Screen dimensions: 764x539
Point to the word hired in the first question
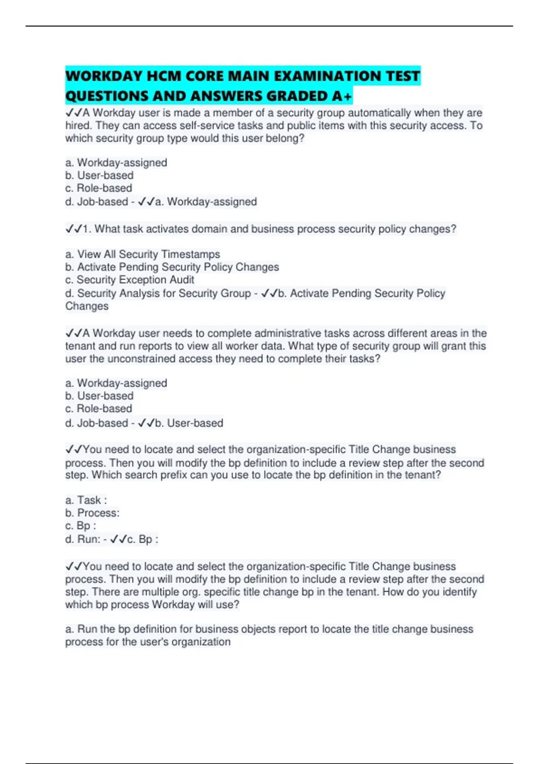click(78, 125)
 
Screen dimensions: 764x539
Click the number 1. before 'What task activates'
click(87, 229)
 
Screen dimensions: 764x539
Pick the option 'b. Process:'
click(93, 513)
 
